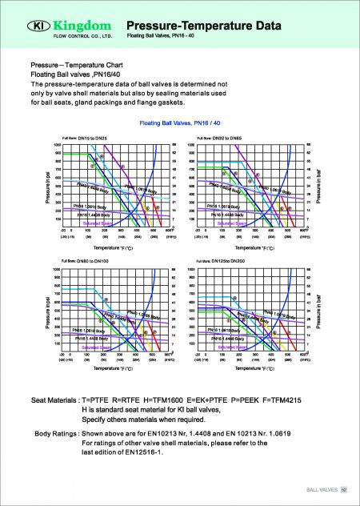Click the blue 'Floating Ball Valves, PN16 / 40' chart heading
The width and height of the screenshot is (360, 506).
179,124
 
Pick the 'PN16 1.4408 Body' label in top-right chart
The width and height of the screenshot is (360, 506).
228,215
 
